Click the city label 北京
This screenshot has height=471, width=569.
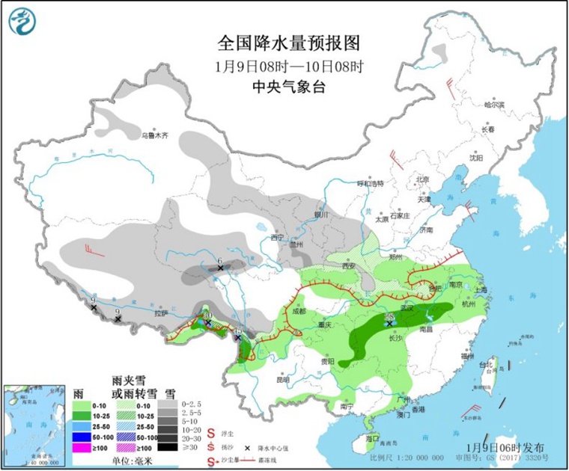pos(422,179)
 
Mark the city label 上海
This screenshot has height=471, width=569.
pos(480,290)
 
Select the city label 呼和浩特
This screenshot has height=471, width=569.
pos(370,183)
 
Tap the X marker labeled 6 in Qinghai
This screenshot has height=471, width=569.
pos(220,268)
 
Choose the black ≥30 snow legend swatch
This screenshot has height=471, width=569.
pos(170,447)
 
